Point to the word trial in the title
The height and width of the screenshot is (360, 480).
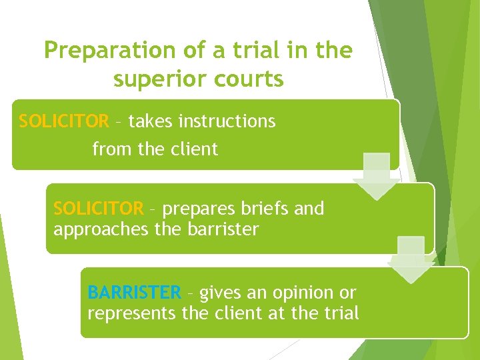[x=268, y=51]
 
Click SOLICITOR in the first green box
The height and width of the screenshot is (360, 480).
[x=64, y=121]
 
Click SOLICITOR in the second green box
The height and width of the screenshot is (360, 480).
[x=98, y=209]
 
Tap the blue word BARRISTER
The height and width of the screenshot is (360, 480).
[x=133, y=293]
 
